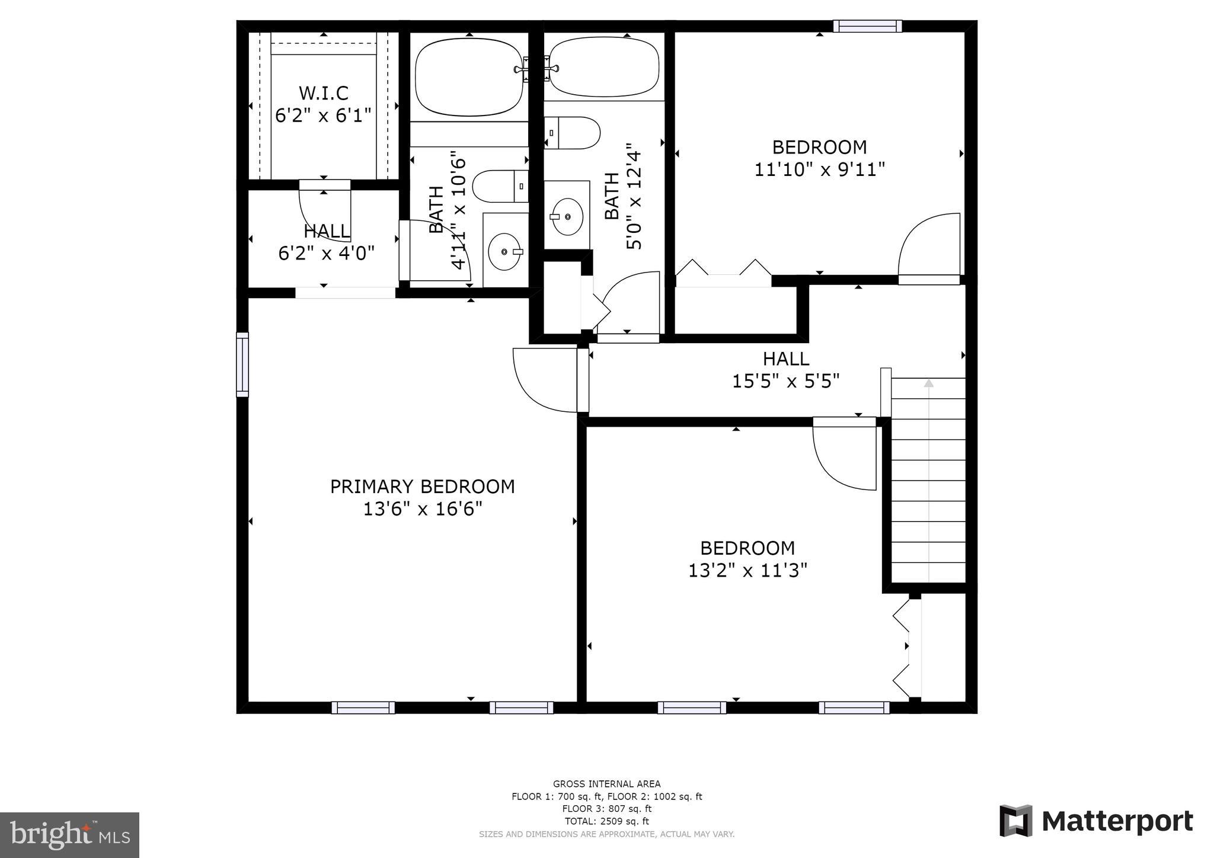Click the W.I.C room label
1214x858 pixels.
(323, 93)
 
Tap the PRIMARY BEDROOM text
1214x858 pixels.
(422, 486)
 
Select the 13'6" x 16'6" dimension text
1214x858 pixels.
(422, 509)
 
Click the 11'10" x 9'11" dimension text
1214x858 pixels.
(819, 169)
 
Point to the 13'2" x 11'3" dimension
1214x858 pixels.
(747, 571)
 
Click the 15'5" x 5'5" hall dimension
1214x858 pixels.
(785, 381)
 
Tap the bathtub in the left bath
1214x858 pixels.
(469, 77)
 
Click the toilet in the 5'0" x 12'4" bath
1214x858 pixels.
(572, 133)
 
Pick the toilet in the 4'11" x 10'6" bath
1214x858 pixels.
(500, 186)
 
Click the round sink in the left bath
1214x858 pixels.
(505, 252)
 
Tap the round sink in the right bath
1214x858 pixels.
(567, 216)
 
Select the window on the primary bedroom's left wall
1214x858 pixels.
(242, 364)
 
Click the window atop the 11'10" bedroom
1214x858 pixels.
(867, 26)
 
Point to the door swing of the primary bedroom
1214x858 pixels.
(545, 380)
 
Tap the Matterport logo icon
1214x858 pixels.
(1016, 821)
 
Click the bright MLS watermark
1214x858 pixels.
(69, 835)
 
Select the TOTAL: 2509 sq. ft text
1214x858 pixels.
(606, 821)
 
